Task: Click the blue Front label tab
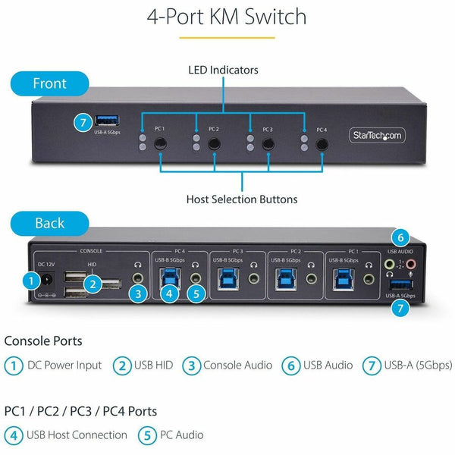[49, 83]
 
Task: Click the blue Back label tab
[50, 224]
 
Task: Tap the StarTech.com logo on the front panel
[377, 136]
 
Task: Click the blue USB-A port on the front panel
[105, 121]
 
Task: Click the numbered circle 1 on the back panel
[30, 281]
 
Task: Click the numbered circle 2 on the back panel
[93, 284]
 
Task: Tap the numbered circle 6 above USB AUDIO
[402, 236]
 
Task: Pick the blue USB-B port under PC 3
[228, 278]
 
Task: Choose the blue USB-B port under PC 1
[343, 278]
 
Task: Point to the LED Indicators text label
[223, 70]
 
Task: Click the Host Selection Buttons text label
[242, 199]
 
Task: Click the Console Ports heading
[43, 341]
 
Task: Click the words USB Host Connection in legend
[77, 435]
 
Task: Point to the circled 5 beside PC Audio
[146, 435]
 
